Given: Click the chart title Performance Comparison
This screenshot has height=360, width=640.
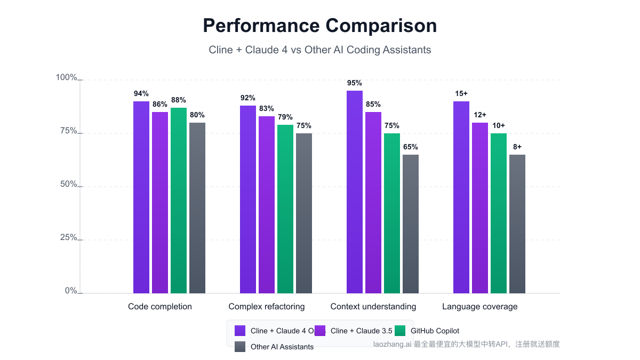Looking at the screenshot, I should pos(319,26).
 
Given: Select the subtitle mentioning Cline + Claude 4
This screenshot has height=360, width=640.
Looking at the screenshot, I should pos(319,50).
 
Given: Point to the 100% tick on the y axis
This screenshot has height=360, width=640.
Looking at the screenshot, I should pos(67,78).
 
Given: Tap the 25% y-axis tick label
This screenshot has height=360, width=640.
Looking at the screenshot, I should pos(68,238).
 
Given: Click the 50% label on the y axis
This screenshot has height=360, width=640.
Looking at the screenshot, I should pos(68,185).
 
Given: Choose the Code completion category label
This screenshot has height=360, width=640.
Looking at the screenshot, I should pos(160,307).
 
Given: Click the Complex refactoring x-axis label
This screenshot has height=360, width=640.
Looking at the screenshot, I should pos(267,307).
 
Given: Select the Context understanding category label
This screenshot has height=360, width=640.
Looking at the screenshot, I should pos(373,307).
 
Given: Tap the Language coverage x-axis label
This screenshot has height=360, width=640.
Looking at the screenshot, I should pos(480,307).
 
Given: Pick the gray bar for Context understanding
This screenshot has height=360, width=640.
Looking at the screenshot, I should pos(411,224).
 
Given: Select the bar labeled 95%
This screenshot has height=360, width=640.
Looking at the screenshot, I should pos(355,192).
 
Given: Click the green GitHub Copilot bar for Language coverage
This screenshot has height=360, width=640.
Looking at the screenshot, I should pos(499,213).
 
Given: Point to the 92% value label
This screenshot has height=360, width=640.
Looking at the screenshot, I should pos(248,98).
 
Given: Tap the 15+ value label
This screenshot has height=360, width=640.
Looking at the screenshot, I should pos(461,94).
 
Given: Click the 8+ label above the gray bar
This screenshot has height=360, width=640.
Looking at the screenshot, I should pos(517,147).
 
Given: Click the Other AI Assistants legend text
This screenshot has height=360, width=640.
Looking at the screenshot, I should pos(282,347).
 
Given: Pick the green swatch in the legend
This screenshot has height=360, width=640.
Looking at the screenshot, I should pos(400,331).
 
